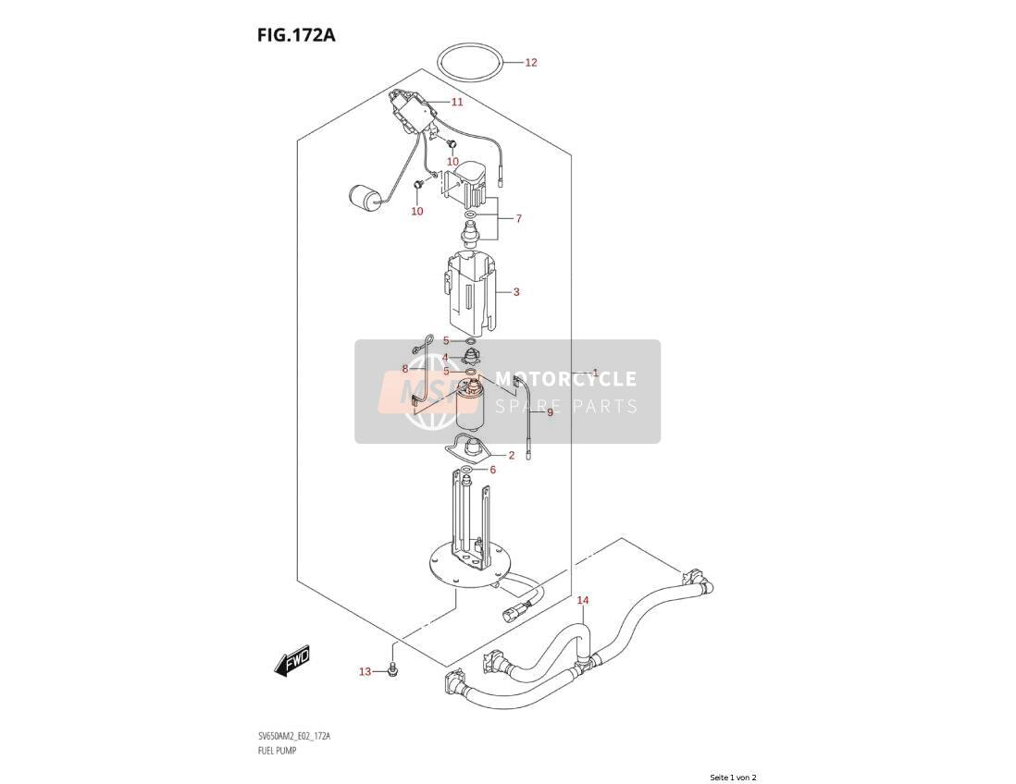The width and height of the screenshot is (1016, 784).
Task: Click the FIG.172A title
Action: (295, 34)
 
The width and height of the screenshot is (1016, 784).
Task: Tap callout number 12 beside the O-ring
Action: (531, 63)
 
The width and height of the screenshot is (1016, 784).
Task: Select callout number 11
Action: (457, 102)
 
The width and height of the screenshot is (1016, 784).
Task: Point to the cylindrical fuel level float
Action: (364, 198)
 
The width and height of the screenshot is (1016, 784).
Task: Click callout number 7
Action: (518, 219)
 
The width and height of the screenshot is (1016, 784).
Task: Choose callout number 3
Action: (515, 292)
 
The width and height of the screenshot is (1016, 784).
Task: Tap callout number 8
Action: (405, 369)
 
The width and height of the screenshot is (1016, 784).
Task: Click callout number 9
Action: (550, 412)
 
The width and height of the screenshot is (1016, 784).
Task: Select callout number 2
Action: (512, 456)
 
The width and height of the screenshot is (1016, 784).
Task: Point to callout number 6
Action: (492, 470)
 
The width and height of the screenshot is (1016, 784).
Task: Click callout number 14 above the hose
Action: (583, 601)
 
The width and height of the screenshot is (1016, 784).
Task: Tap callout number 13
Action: (365, 672)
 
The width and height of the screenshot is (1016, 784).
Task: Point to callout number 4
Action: (445, 358)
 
